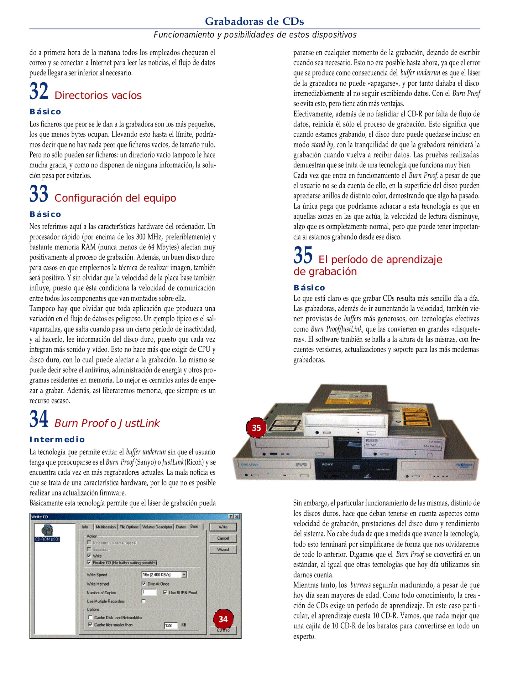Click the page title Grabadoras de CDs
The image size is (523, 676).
pos(254,21)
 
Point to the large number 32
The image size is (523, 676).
pos(39,91)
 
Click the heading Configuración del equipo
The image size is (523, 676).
pos(115,198)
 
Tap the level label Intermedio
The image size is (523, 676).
pos(57,439)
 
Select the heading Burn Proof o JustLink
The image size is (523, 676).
pos(107,423)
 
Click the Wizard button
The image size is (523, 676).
pos(223,549)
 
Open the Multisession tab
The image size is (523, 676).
pos(106,527)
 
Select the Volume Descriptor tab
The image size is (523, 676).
pos(157,527)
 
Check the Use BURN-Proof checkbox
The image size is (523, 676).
pos(165,592)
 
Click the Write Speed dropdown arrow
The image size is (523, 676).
pos(184,574)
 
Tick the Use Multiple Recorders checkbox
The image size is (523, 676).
pos(144,601)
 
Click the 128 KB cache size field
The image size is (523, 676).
pos(171,625)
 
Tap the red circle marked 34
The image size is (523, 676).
pos(223,619)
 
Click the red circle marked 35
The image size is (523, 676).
pos(256,428)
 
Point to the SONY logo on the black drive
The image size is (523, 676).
pos(327,464)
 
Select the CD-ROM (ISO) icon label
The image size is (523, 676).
pos(47,539)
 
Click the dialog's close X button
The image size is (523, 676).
pos(237,517)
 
